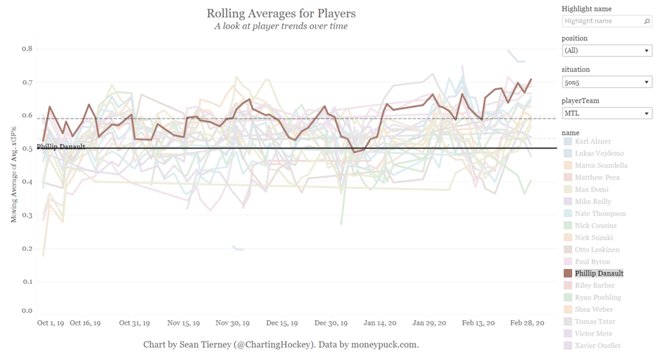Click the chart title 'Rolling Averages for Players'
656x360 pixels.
(x=281, y=13)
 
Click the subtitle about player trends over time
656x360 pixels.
(x=281, y=26)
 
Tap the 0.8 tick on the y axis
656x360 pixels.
(x=27, y=49)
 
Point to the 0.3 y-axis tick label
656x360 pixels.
(x=27, y=215)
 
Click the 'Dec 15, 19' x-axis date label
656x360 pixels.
(x=282, y=323)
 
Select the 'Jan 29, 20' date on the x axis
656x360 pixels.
(x=429, y=323)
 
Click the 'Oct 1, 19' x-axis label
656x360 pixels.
(x=51, y=323)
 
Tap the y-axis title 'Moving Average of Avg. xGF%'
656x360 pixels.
(x=13, y=167)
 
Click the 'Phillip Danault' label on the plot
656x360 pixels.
(x=61, y=147)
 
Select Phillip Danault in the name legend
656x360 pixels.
(x=599, y=274)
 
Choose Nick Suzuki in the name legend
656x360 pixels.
(x=594, y=238)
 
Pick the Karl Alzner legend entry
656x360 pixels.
(x=593, y=142)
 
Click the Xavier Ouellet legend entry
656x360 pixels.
(x=597, y=346)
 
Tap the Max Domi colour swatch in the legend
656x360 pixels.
(x=568, y=190)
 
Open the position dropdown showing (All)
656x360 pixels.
(x=607, y=51)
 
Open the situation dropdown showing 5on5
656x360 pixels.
(x=607, y=82)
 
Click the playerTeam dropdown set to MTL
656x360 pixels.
(x=607, y=113)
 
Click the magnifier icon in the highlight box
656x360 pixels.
(x=647, y=21)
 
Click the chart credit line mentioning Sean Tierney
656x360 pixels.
(x=281, y=345)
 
